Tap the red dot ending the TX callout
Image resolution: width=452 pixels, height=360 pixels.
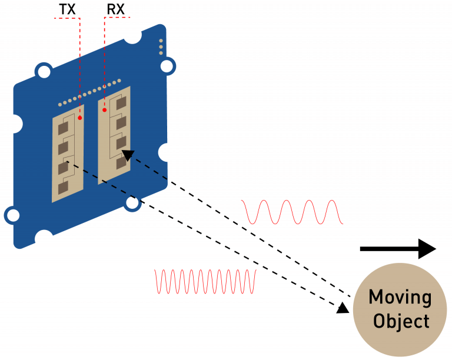pyautogui.click(x=80, y=118)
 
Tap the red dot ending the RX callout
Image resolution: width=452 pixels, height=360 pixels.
pyautogui.click(x=104, y=109)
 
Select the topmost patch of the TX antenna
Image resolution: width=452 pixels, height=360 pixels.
pyautogui.click(x=64, y=125)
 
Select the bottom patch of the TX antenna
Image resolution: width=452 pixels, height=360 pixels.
pyautogui.click(x=63, y=186)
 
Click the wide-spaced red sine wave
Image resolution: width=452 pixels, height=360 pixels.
pyautogui.click(x=293, y=212)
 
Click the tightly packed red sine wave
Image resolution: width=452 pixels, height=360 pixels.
pyautogui.click(x=205, y=282)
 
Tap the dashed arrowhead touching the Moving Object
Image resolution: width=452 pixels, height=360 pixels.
pyautogui.click(x=343, y=308)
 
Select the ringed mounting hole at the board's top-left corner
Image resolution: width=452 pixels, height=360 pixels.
pyautogui.click(x=43, y=73)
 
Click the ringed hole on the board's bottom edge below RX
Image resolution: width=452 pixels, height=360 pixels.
pyautogui.click(x=133, y=203)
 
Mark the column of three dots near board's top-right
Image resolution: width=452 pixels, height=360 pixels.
pyautogui.click(x=161, y=48)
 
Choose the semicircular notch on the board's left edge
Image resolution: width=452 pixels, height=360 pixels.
pyautogui.click(x=16, y=124)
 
